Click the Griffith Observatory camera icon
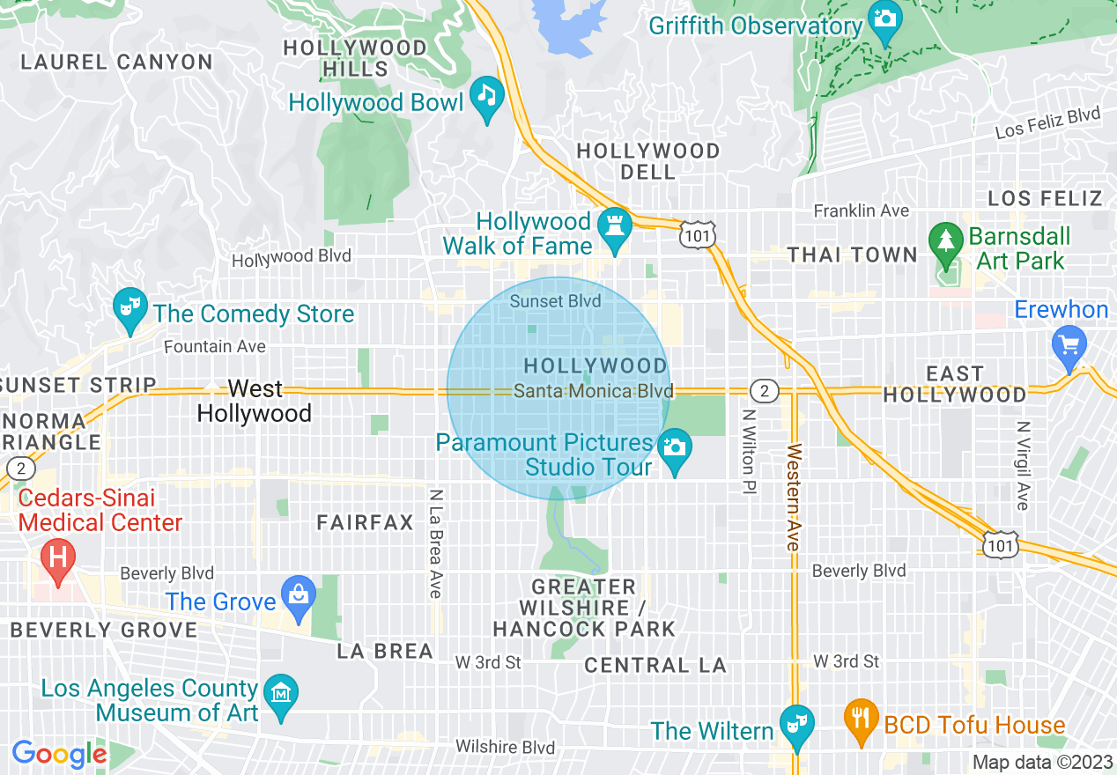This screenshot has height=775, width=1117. [x=884, y=18]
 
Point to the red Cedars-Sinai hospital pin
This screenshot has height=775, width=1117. [x=59, y=558]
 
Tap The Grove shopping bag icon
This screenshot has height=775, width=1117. [x=299, y=594]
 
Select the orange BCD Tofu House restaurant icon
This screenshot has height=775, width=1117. [x=860, y=718]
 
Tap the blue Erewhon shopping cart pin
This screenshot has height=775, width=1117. [x=1069, y=344]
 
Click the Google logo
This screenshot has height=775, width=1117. [x=59, y=754]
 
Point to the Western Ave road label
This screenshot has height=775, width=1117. [x=794, y=498]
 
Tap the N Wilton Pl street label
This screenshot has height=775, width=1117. [x=748, y=450]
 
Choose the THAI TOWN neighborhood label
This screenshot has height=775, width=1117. [x=852, y=255]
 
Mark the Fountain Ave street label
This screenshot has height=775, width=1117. [x=215, y=347]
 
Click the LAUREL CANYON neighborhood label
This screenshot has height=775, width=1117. [x=116, y=63]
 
